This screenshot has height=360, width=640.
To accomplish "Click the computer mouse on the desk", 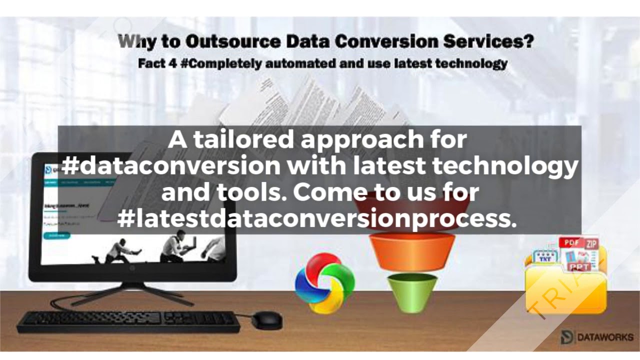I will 266,320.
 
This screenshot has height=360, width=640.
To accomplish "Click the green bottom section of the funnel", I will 412,292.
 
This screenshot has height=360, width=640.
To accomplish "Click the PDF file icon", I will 572,243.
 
